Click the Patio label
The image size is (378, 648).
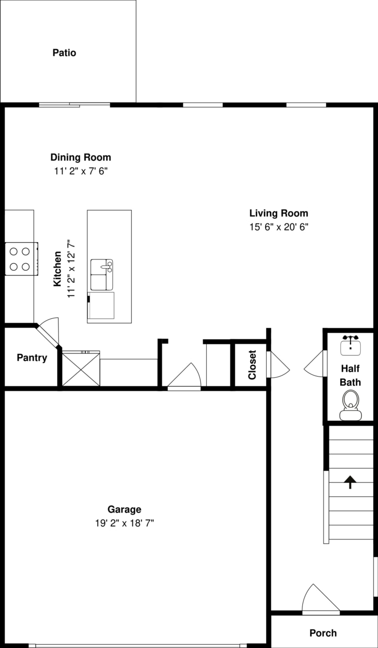click(64, 53)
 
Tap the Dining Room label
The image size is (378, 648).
click(81, 157)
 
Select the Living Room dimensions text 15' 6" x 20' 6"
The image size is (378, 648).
click(279, 227)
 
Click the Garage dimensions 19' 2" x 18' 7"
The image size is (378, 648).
click(124, 523)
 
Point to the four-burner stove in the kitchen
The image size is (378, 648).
click(22, 259)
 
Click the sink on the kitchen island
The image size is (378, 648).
click(102, 275)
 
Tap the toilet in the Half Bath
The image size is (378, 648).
click(350, 405)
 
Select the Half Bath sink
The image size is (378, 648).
click(350, 345)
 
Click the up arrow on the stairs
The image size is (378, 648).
click(350, 482)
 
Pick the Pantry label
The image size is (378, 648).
click(32, 358)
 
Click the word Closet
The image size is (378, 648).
click(252, 365)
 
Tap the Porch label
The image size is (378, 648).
click(323, 633)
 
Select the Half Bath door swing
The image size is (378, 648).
click(315, 364)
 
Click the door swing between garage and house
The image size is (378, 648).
click(184, 376)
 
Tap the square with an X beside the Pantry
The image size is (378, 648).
click(81, 370)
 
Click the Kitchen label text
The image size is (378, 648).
click(57, 269)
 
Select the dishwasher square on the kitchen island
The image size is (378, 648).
click(101, 305)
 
